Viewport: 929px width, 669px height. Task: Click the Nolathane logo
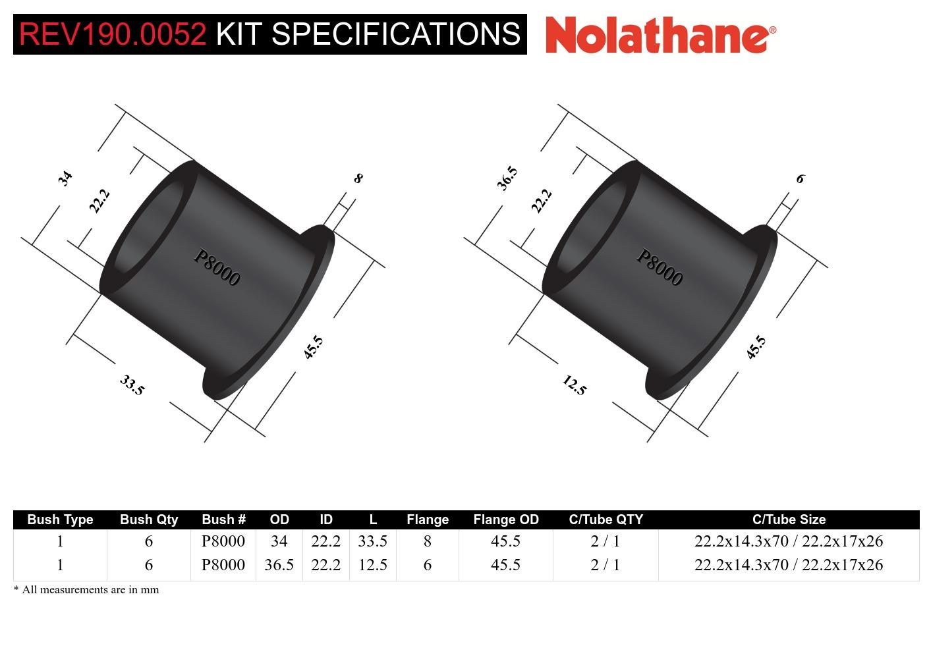pos(660,34)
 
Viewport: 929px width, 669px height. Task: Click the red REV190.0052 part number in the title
pos(113,34)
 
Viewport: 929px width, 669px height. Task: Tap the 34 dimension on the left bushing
pos(65,178)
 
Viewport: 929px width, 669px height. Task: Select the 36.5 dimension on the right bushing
pos(507,178)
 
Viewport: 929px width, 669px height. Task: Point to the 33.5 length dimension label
pos(132,385)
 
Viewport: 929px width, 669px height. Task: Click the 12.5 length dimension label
pos(574,385)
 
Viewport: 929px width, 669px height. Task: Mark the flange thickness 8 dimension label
pos(358,178)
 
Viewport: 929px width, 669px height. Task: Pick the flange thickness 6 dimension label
pos(801,178)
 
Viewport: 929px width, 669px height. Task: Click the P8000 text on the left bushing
pos(217,267)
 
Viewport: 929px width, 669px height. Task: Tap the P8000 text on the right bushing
pos(659,267)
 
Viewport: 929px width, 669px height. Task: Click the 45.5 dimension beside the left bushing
pos(314,347)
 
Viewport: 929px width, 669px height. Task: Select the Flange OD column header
pos(505,520)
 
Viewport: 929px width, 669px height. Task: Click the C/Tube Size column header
pos(789,520)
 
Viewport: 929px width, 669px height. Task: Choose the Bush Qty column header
pos(149,520)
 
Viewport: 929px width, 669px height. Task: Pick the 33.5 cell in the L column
pos(372,541)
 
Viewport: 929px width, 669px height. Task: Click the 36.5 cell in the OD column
pos(279,565)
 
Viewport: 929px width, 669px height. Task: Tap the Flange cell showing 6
pos(428,565)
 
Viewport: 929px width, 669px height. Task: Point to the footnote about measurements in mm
pos(86,590)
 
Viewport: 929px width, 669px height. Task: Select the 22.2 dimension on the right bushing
pos(541,201)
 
